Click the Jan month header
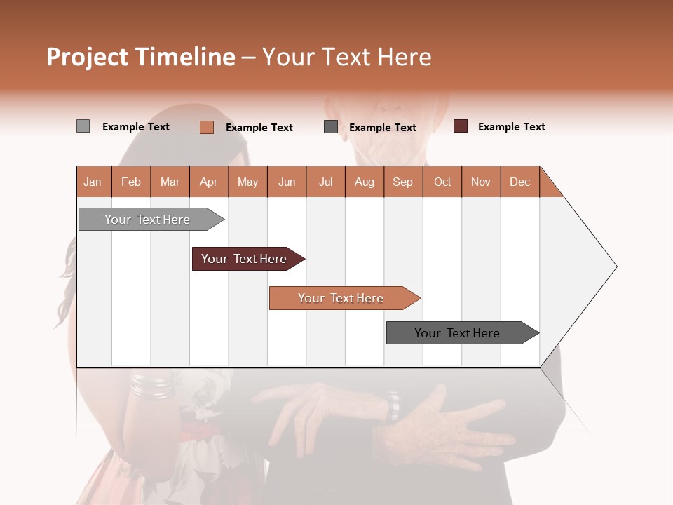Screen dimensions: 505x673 click(93, 182)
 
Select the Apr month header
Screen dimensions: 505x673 click(209, 182)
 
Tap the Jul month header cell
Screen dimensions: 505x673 click(325, 182)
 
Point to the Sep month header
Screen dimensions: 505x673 click(402, 182)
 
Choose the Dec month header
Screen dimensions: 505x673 click(519, 182)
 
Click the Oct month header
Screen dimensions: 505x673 click(442, 182)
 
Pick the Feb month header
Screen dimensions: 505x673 click(131, 182)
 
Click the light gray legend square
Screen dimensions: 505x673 click(83, 126)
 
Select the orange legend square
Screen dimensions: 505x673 click(207, 127)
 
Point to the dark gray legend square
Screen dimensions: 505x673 click(331, 127)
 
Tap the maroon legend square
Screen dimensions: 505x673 click(461, 126)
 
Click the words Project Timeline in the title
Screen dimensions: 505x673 click(140, 57)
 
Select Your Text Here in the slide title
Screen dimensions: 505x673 click(347, 57)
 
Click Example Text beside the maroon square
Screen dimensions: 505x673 click(511, 127)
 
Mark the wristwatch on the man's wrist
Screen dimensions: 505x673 click(395, 406)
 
